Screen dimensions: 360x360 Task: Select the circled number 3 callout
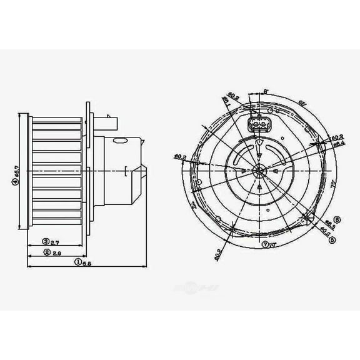click(x=46, y=241)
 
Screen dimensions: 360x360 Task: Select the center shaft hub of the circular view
click(x=258, y=171)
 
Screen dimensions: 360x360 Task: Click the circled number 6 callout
click(x=337, y=219)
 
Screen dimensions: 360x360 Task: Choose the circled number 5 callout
click(x=337, y=237)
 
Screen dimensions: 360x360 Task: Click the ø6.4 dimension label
click(x=338, y=144)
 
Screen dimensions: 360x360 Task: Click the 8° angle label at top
click(x=266, y=91)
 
